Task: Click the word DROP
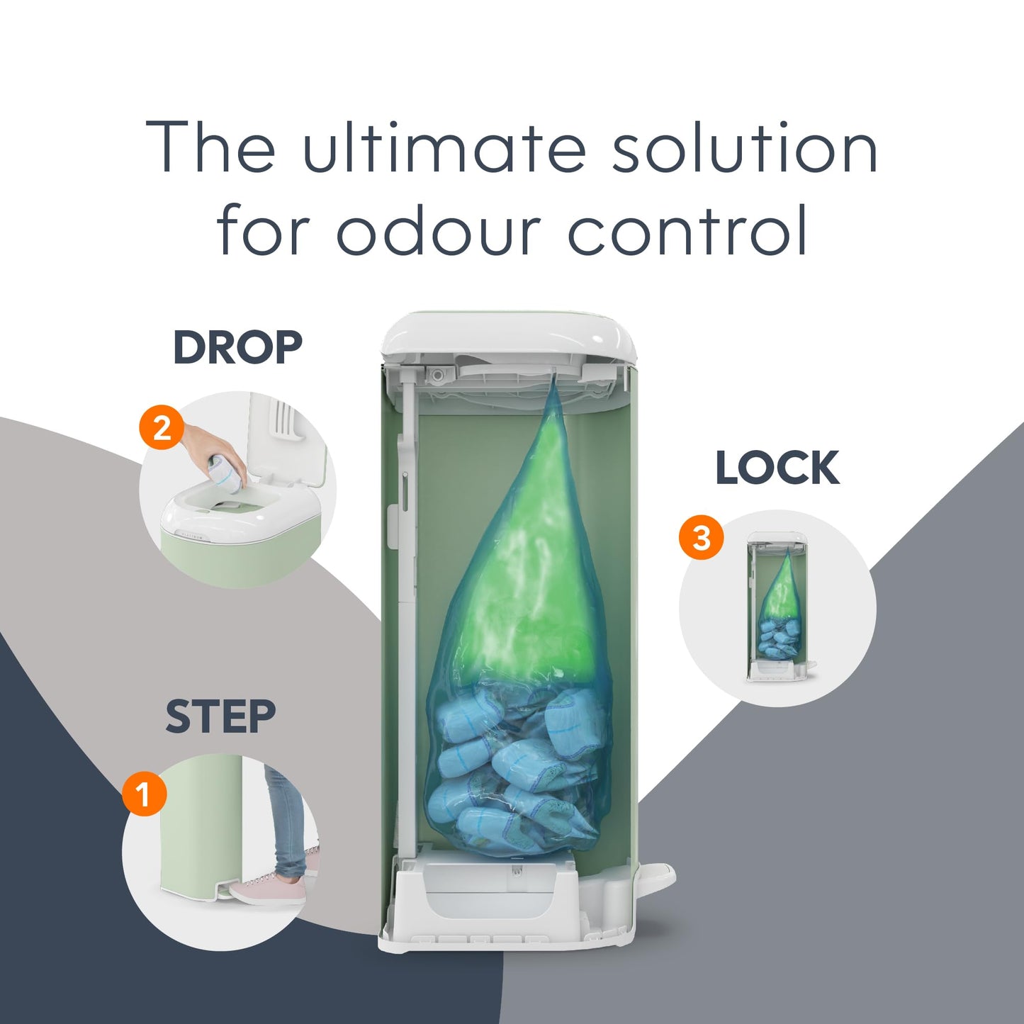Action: coord(237,347)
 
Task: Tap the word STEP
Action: coord(220,716)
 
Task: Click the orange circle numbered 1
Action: coord(144,794)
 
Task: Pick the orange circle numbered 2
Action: coord(162,428)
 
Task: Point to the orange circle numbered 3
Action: coord(702,538)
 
